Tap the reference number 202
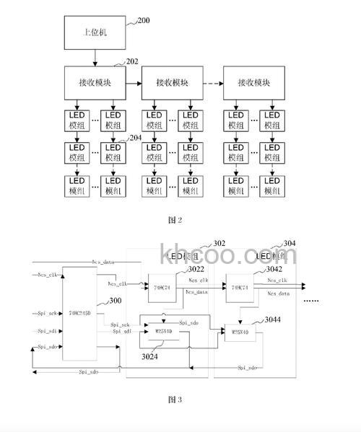click(x=132, y=63)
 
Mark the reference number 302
click(x=219, y=244)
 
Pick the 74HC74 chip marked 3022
click(x=162, y=286)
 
